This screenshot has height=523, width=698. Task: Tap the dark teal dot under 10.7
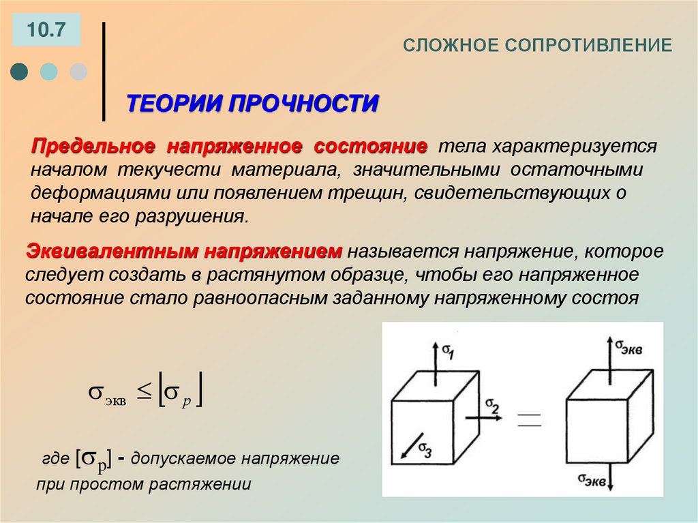point(20,71)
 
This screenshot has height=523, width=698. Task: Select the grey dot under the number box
point(78,71)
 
